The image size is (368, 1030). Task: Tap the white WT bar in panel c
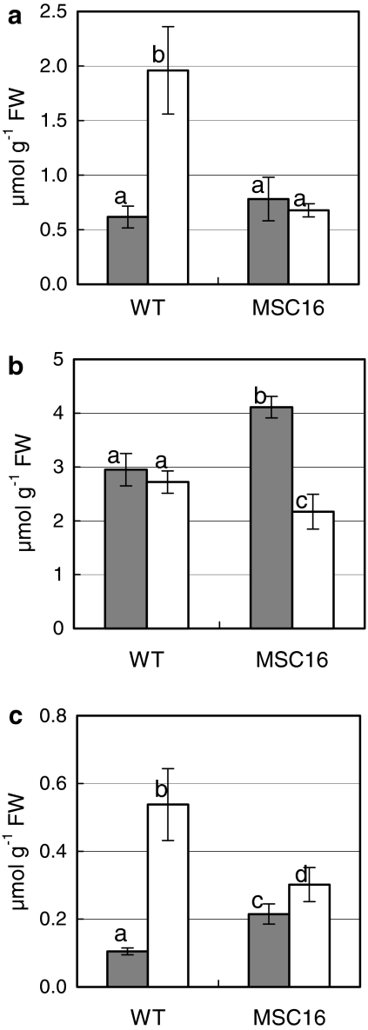coord(168,895)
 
